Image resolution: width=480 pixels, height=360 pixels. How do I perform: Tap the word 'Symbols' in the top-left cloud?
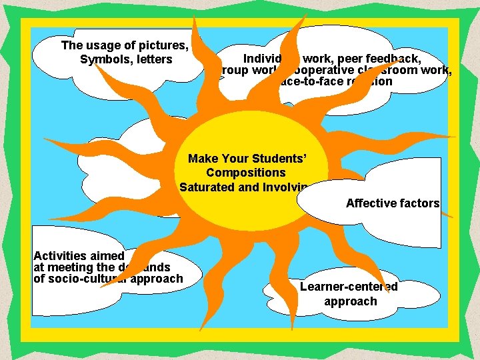tap(104, 60)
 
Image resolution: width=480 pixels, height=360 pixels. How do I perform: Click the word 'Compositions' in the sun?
tap(246, 173)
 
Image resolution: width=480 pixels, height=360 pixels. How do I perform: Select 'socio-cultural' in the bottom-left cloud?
tap(90, 279)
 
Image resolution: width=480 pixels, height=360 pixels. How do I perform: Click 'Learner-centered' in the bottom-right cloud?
tap(349, 287)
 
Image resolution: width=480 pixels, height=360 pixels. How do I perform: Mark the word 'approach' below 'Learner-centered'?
tap(350, 301)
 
